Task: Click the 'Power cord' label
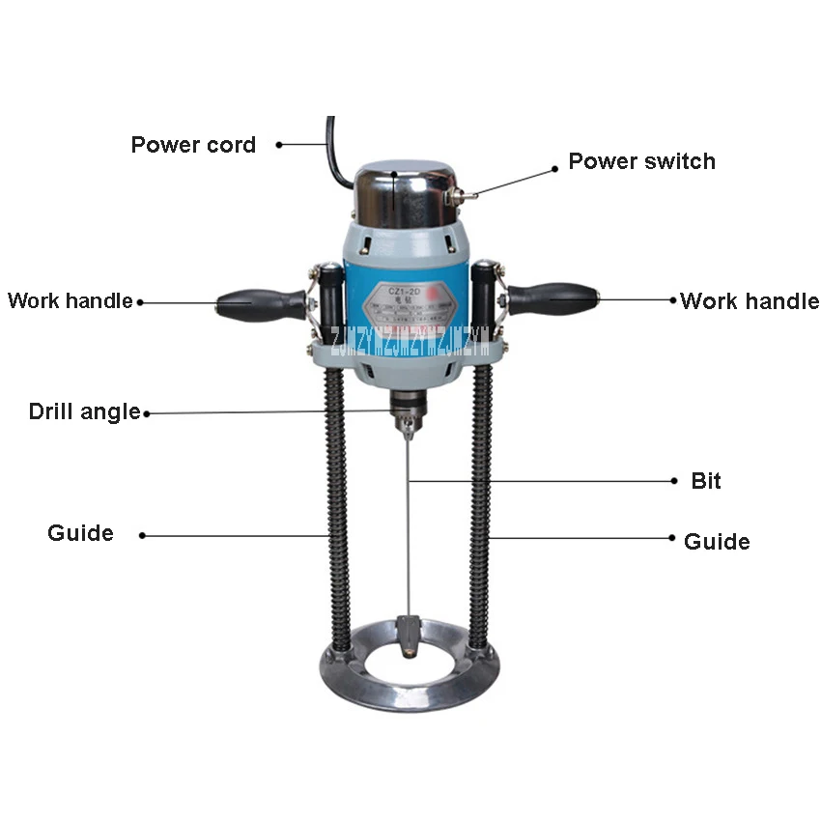(x=193, y=145)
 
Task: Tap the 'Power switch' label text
(x=641, y=161)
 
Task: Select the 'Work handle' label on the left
(x=70, y=300)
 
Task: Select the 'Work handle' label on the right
(x=750, y=300)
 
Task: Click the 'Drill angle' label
(x=84, y=411)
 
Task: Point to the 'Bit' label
(x=706, y=481)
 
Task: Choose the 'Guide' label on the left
(x=80, y=533)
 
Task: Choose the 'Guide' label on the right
(x=717, y=542)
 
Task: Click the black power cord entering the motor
(x=334, y=155)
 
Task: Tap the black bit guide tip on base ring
(x=409, y=637)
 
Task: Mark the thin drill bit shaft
(x=410, y=531)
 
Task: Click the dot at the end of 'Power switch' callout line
(x=555, y=168)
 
